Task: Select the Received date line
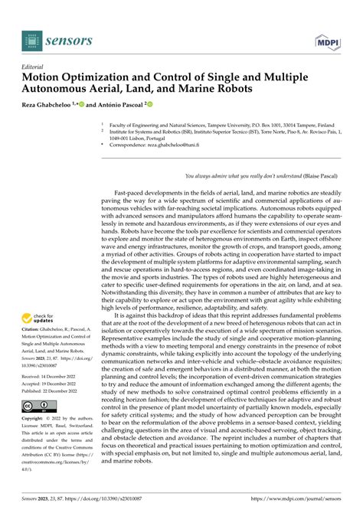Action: click(51, 377)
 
